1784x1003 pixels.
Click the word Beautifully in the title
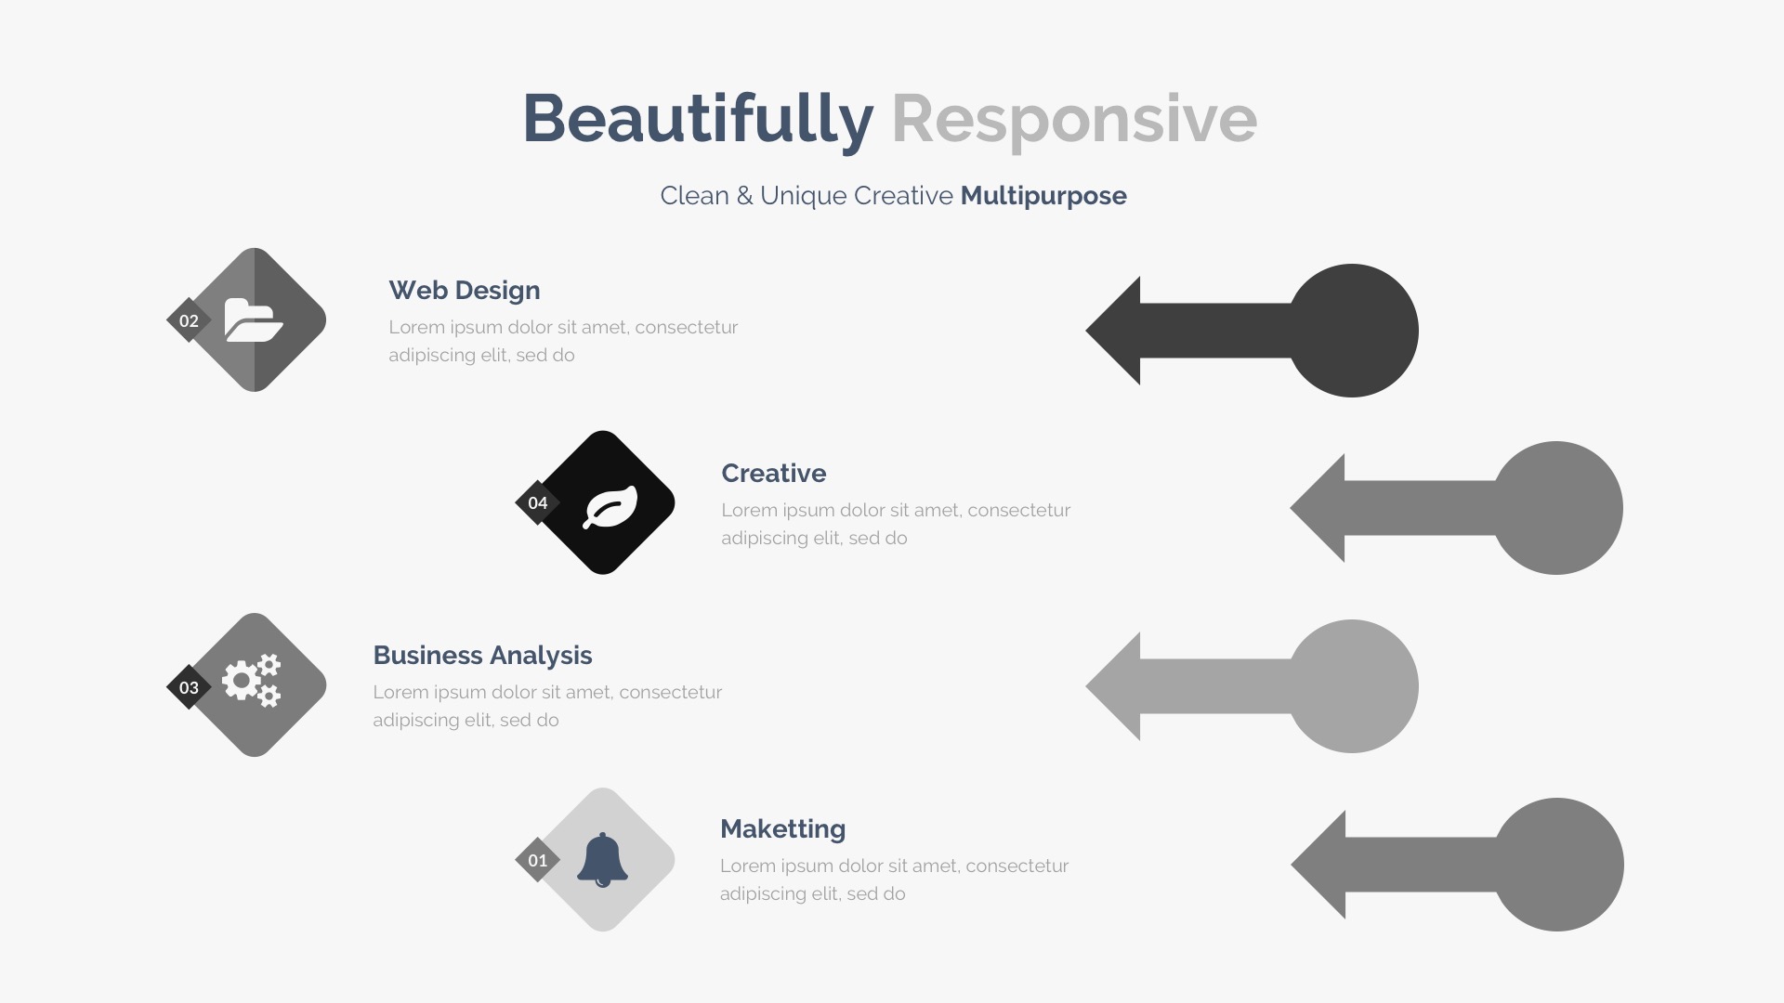click(698, 119)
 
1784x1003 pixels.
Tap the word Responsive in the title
click(1074, 119)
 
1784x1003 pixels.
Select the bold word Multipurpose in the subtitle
click(1043, 196)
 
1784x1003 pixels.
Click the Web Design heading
click(465, 291)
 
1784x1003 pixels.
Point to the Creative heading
click(774, 473)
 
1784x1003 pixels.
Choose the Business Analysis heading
click(482, 656)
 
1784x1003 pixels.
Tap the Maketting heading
click(782, 828)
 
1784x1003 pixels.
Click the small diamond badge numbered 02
click(189, 320)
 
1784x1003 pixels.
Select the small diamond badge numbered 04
click(538, 502)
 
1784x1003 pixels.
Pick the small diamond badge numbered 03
click(189, 687)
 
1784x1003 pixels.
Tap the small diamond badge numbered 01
click(538, 860)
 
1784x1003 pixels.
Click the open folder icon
click(254, 320)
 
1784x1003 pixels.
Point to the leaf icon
click(610, 507)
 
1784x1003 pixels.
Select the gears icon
click(252, 681)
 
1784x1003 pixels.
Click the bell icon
click(602, 859)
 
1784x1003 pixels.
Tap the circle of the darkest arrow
click(1352, 331)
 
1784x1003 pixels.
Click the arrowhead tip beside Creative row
click(1292, 508)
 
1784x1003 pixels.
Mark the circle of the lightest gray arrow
click(1352, 686)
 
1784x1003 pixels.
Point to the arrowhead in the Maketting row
click(1318, 865)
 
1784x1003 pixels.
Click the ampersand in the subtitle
click(744, 196)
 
